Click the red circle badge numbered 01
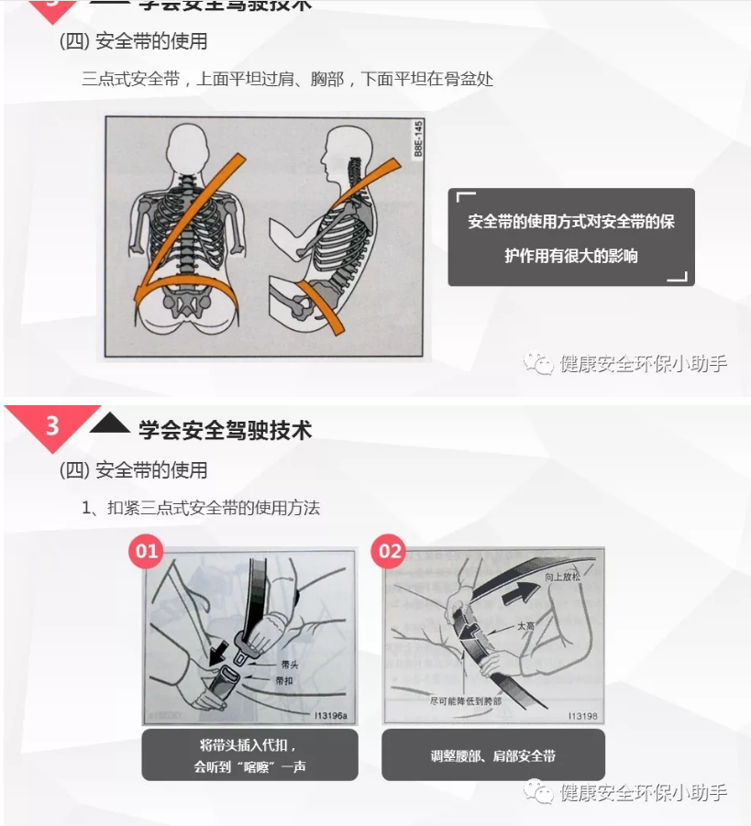click(148, 551)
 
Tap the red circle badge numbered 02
click(391, 551)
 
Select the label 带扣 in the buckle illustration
click(283, 681)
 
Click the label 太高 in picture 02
click(525, 626)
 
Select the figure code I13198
click(582, 715)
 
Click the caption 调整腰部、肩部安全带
click(493, 755)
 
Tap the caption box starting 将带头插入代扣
click(249, 755)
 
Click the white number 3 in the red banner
click(52, 426)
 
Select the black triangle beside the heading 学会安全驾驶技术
click(110, 424)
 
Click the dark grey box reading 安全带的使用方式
click(570, 237)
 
